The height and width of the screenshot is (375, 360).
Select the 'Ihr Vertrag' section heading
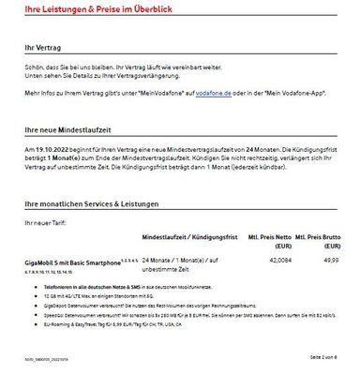coord(40,45)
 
